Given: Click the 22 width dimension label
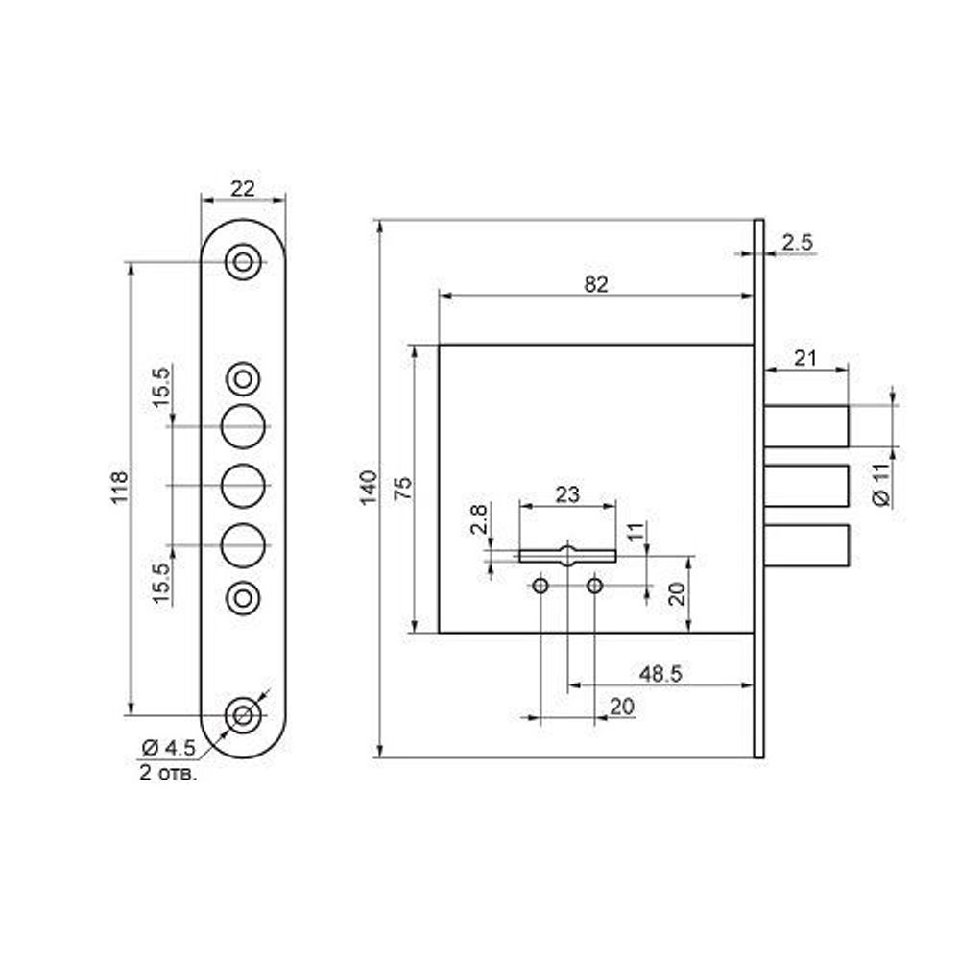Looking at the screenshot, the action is [243, 188].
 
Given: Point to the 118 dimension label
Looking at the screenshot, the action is [119, 488].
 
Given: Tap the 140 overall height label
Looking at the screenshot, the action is [368, 488].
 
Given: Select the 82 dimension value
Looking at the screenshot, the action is [596, 284].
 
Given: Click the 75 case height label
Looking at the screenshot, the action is [402, 490].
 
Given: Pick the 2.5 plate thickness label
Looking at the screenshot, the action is [797, 243].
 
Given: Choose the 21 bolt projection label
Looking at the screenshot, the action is [804, 357].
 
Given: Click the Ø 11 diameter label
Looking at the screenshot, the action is [880, 484].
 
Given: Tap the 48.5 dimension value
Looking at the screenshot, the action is [660, 674].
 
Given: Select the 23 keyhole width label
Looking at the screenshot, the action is [567, 494].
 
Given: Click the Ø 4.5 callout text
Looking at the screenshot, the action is [168, 748].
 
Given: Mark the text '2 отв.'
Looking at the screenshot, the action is [168, 773].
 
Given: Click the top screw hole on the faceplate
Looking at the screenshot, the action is [243, 262].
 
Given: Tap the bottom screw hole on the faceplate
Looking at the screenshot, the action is [243, 715].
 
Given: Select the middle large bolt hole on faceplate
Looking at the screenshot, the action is [243, 486].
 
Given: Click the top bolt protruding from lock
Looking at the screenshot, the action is [806, 426].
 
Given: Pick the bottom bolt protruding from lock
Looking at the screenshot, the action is [806, 545].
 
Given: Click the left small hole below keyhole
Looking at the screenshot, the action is [540, 586].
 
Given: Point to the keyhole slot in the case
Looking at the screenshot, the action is [567, 555].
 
